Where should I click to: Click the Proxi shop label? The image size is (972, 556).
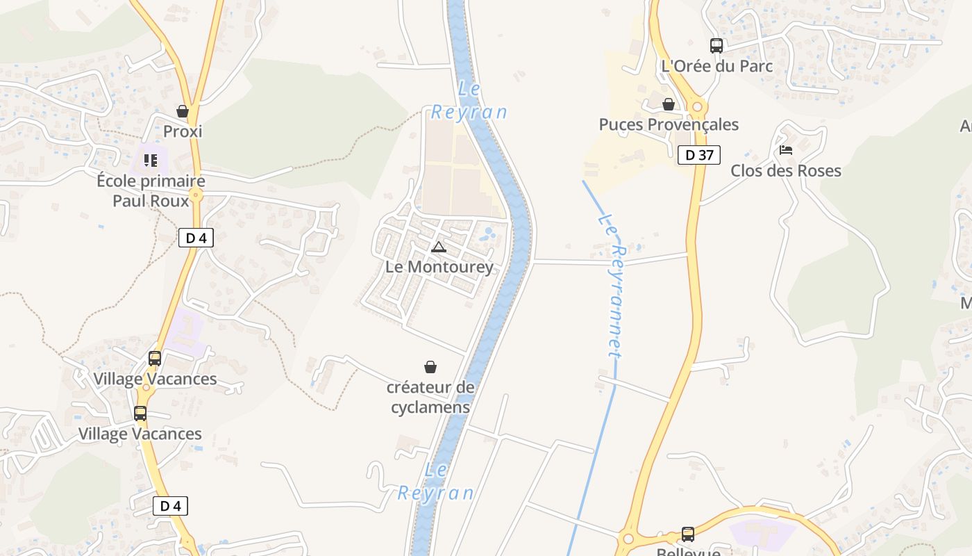pos(183,131)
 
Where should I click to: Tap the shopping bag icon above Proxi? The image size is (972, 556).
pos(183,111)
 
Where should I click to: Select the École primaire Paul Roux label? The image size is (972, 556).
pos(151,191)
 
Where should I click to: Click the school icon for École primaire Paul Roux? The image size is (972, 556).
pos(151,161)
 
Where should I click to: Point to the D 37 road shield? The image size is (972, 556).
pos(699,155)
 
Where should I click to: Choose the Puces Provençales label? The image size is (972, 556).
pos(669,124)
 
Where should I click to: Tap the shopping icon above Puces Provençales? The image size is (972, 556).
pos(669,104)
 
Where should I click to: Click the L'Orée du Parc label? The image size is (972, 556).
pos(717,66)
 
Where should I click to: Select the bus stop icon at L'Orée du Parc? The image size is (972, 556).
pos(717,46)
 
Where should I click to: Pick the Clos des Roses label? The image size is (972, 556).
pos(785,170)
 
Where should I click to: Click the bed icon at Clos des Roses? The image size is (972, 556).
pos(786,149)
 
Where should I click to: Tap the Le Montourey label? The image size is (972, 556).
pos(439,267)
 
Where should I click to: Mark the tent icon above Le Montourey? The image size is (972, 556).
pos(439,247)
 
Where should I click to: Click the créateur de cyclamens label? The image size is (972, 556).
pos(430,397)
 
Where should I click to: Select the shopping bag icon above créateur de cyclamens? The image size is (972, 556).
pos(430,366)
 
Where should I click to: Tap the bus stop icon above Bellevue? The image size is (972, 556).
pos(688,534)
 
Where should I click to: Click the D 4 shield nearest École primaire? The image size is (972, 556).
pos(196,238)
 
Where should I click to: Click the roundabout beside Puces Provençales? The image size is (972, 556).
pos(698,107)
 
